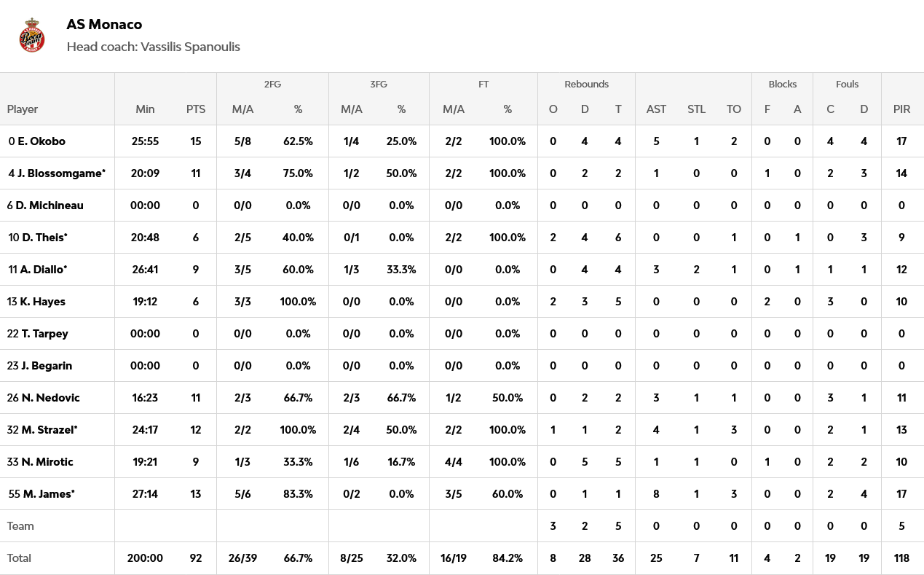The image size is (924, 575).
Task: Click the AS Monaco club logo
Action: pyautogui.click(x=32, y=35)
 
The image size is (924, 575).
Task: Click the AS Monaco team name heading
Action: pyautogui.click(x=104, y=24)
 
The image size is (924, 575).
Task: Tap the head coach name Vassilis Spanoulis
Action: pyautogui.click(x=190, y=47)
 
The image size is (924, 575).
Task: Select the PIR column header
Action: pyautogui.click(x=901, y=109)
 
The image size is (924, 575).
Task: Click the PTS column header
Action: pyautogui.click(x=196, y=109)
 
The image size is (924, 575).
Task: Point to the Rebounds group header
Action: pyautogui.click(x=586, y=85)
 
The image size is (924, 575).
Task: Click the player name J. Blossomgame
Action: pyautogui.click(x=62, y=173)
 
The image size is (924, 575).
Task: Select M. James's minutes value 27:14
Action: pyautogui.click(x=145, y=494)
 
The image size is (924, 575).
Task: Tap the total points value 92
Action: pyautogui.click(x=196, y=558)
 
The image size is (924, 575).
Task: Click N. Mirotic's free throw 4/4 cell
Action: pyautogui.click(x=454, y=462)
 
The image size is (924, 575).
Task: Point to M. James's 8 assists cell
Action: pyautogui.click(x=656, y=494)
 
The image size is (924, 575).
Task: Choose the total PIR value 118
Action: pyautogui.click(x=901, y=558)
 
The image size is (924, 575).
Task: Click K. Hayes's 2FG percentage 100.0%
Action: pyautogui.click(x=298, y=302)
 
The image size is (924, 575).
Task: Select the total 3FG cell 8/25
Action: pyautogui.click(x=352, y=558)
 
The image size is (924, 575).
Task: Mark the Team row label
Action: pyautogui.click(x=20, y=526)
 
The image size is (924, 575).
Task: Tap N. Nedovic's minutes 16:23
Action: pyautogui.click(x=145, y=398)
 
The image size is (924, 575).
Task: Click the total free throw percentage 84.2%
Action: pyautogui.click(x=508, y=558)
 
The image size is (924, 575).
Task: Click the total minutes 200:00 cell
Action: pyautogui.click(x=145, y=558)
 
